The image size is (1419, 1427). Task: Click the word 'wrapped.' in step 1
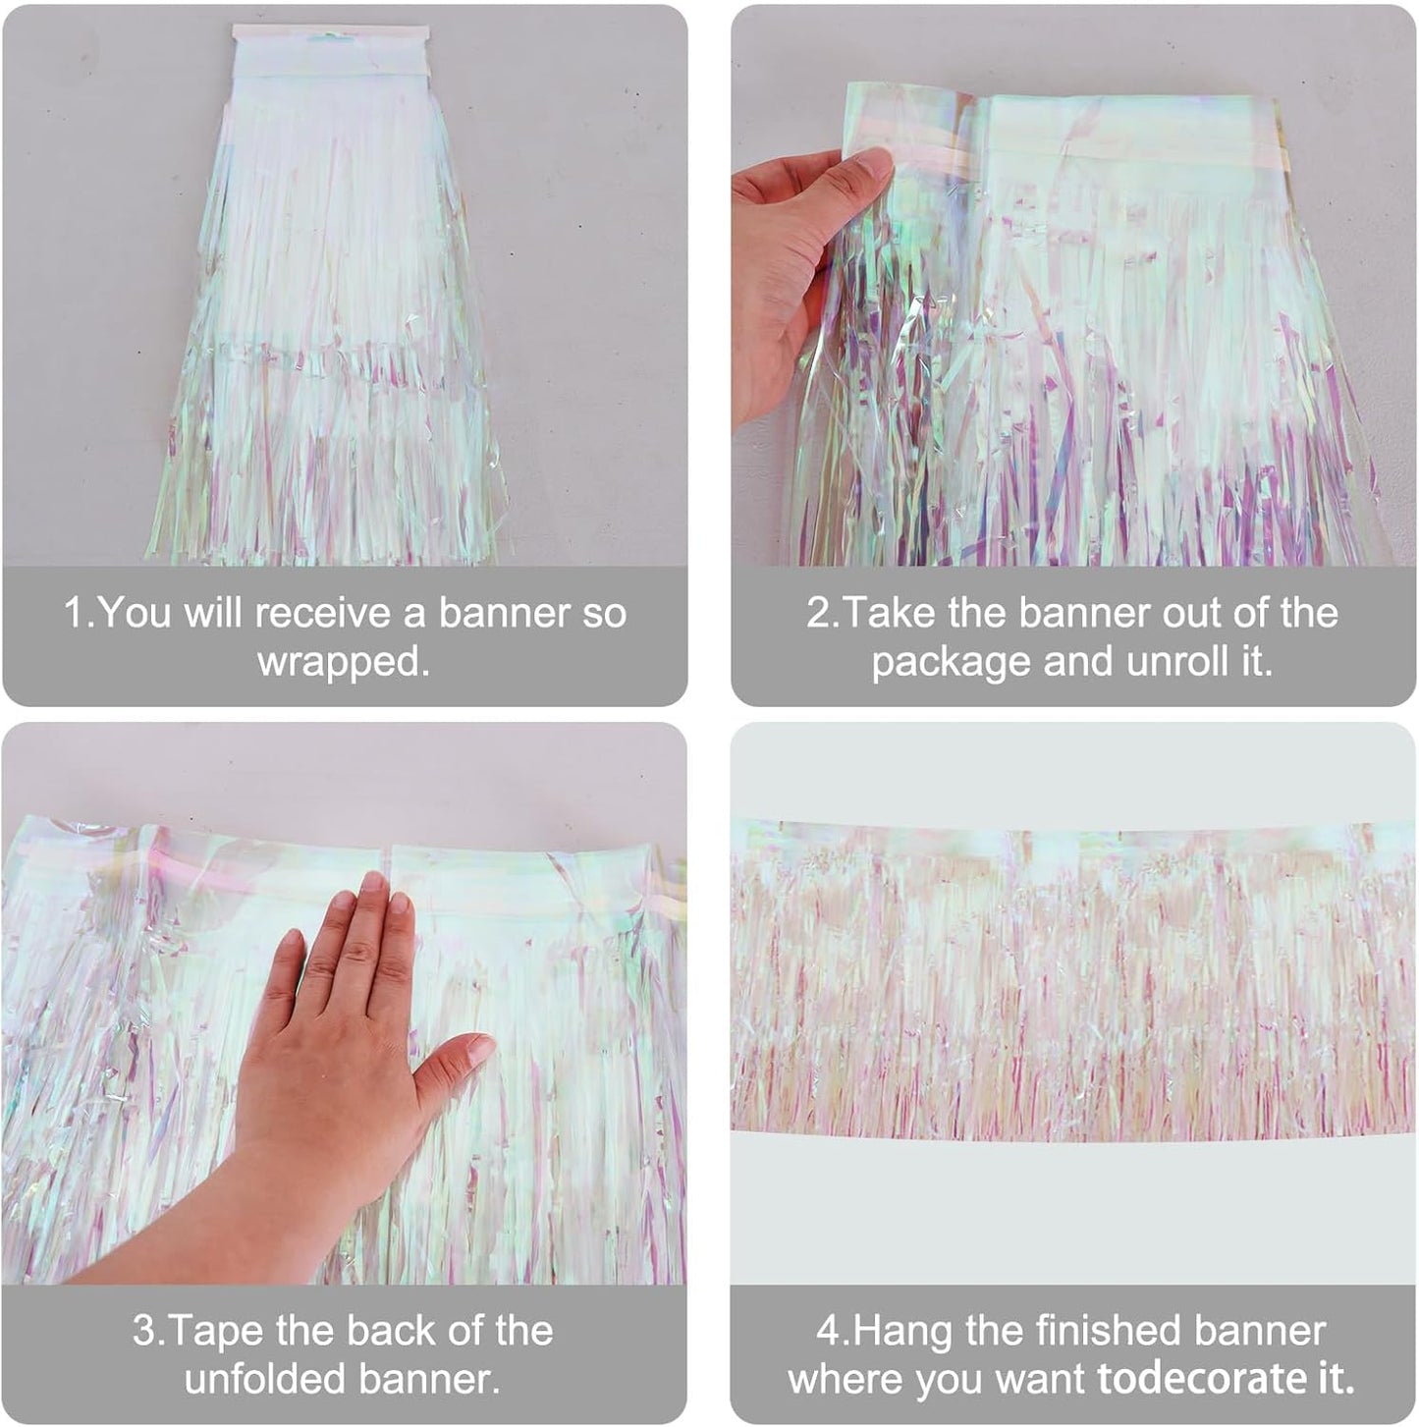344,662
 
